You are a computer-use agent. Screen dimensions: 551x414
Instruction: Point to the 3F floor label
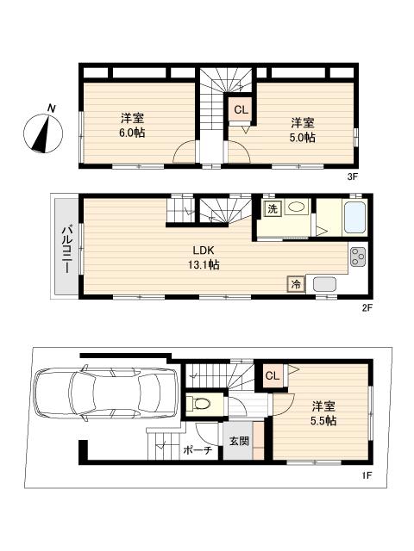tap(352, 177)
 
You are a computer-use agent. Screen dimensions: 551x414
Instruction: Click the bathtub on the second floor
tap(356, 218)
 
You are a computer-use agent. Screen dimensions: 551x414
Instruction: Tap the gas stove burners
tap(357, 257)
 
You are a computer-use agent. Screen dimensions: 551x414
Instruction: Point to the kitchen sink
tap(327, 285)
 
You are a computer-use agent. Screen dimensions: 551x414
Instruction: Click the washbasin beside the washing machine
tap(298, 207)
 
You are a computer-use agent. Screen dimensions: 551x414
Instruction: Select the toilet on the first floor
tap(203, 403)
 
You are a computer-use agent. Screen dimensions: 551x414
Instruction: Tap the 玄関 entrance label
tap(238, 442)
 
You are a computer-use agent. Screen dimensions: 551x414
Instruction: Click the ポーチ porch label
tap(198, 450)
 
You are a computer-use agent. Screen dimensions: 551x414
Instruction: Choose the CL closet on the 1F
tap(273, 376)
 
